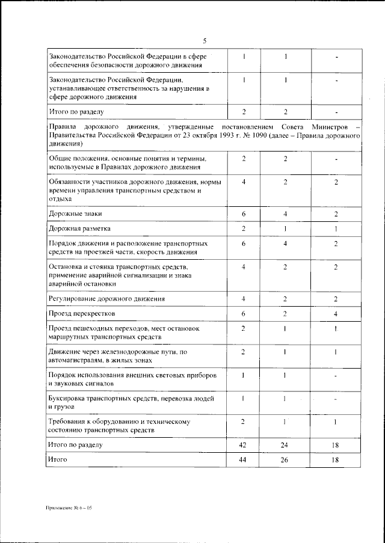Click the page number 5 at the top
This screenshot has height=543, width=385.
click(x=205, y=41)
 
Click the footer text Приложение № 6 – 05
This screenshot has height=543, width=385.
click(x=67, y=508)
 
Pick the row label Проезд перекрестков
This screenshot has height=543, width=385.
click(x=81, y=314)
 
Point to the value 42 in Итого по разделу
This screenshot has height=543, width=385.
click(x=243, y=445)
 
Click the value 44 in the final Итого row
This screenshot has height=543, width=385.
click(x=243, y=460)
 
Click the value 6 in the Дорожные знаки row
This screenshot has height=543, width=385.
click(x=244, y=214)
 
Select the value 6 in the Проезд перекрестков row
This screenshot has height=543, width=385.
click(x=244, y=314)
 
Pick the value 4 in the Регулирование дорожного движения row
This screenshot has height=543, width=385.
click(x=244, y=299)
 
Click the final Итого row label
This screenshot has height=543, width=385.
click(x=58, y=460)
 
